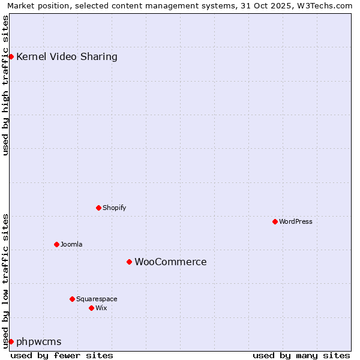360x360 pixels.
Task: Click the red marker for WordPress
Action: (x=275, y=221)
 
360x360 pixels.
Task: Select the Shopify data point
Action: (x=98, y=208)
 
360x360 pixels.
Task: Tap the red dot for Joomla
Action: (x=56, y=244)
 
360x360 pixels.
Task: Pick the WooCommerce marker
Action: (x=129, y=262)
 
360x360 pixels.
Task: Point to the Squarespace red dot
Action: (x=72, y=299)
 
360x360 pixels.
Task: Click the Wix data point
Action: (x=91, y=308)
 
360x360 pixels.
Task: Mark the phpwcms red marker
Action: (x=11, y=341)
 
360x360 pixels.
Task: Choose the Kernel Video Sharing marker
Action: (x=11, y=56)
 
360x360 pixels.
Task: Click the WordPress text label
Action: (x=296, y=221)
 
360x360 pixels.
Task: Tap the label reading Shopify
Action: (x=114, y=208)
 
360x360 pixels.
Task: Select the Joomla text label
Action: (x=71, y=244)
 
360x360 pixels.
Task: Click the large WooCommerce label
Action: (x=170, y=262)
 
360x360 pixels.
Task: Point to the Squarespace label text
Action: (x=97, y=299)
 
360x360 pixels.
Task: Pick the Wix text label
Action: (x=101, y=308)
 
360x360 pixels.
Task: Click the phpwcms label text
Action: (x=39, y=341)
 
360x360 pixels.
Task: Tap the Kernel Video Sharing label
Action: (x=67, y=56)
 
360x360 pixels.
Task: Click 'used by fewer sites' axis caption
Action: (x=62, y=355)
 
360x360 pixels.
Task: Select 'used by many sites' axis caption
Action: (x=301, y=355)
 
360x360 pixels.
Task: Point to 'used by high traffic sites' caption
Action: (x=5, y=85)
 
